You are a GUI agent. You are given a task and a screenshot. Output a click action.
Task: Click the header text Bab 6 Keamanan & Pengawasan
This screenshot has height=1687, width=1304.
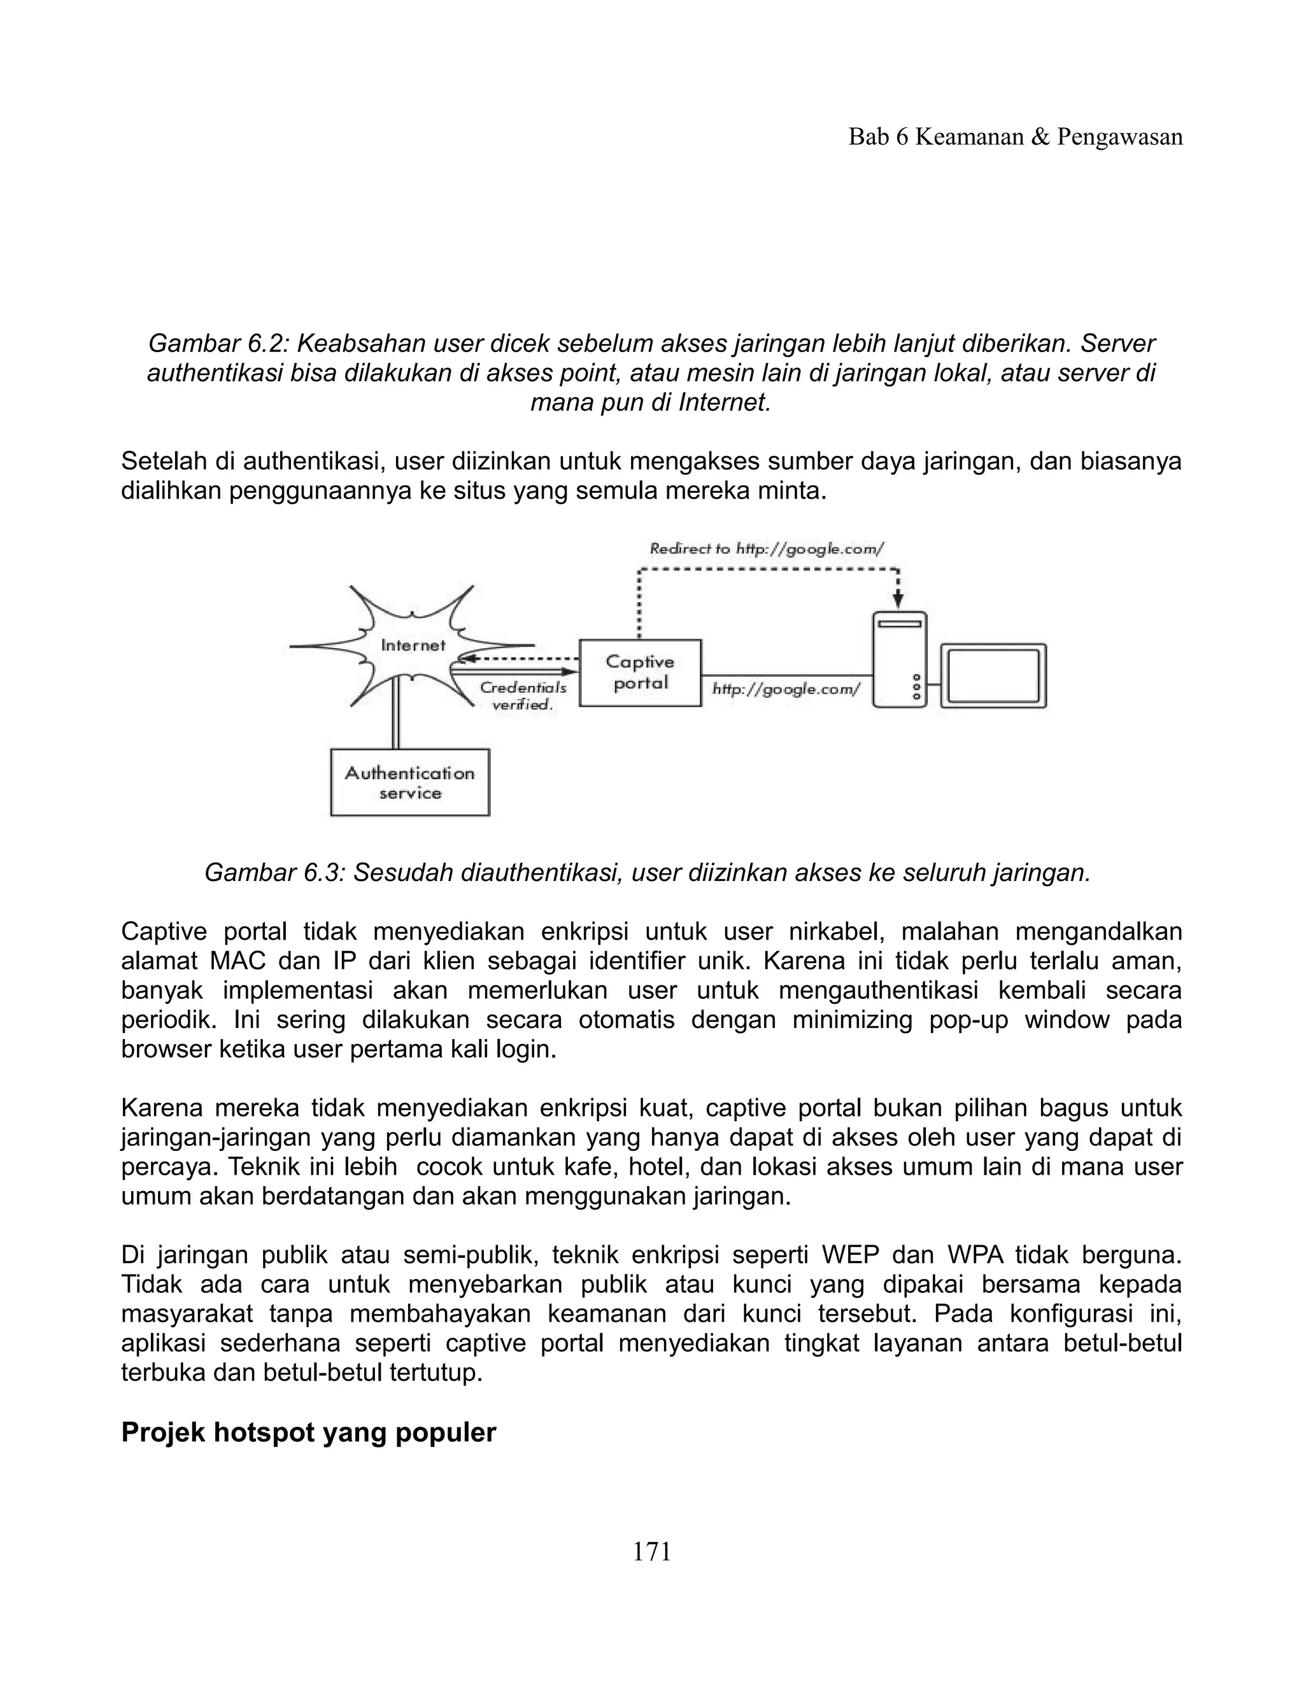[x=1015, y=138]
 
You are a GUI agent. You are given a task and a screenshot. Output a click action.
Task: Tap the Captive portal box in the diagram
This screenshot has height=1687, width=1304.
[x=640, y=672]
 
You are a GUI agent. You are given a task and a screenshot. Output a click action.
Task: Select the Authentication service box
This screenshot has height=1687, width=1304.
[x=409, y=782]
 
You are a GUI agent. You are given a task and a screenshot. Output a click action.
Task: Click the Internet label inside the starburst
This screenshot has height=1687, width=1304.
[x=413, y=645]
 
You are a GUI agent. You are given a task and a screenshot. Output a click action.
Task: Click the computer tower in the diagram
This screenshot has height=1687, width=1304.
[x=900, y=659]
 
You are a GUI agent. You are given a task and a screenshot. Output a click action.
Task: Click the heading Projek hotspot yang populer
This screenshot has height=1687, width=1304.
[x=308, y=1433]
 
